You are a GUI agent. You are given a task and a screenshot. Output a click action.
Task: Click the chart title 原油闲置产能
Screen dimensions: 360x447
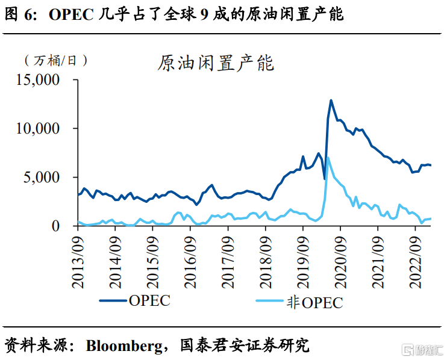[216, 63]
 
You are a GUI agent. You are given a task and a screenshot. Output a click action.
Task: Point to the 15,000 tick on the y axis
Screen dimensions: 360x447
[38, 79]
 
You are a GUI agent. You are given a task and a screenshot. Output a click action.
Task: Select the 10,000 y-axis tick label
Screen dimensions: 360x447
[38, 128]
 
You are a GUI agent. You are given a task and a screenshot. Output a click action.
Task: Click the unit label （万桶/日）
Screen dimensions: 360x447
[57, 60]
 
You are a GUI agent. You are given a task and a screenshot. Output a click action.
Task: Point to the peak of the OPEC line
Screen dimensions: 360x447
[331, 100]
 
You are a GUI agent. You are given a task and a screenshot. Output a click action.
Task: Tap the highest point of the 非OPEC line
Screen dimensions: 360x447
[328, 158]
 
